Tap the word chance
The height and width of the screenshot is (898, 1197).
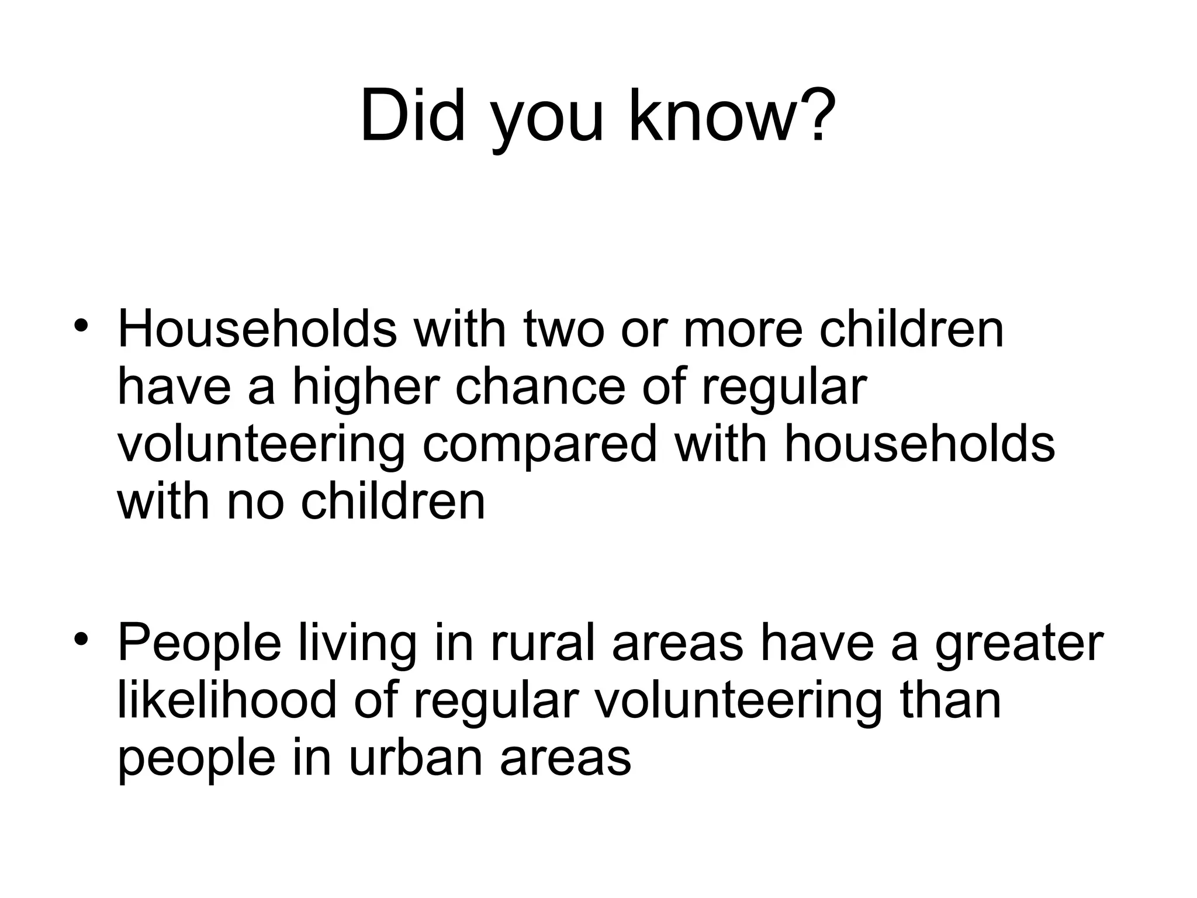[540, 387]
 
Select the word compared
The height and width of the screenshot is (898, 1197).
[540, 444]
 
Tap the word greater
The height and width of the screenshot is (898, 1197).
[1018, 643]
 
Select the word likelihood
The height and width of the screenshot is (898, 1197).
[227, 700]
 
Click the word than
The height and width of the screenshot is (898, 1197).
[951, 700]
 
